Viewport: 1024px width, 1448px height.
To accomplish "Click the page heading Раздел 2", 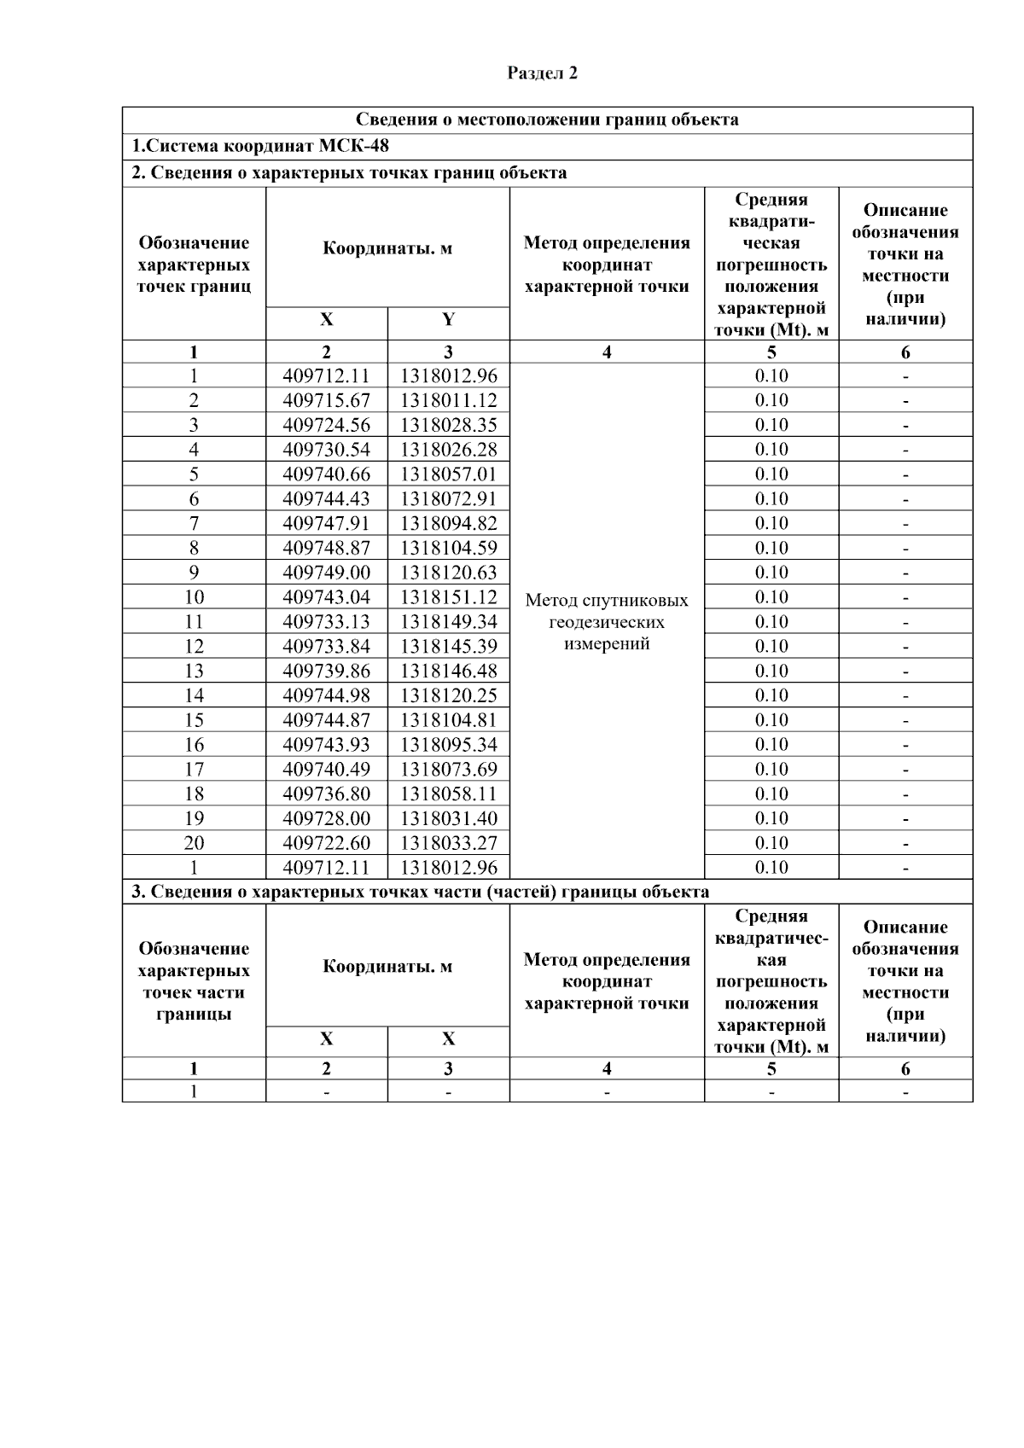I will coord(542,73).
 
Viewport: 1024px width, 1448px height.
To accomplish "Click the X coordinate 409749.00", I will coord(326,573).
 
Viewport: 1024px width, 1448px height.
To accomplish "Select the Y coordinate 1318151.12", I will coord(448,597).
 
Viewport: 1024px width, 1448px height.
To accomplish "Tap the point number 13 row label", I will coord(194,671).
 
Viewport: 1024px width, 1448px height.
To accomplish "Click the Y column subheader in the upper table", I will coord(448,320).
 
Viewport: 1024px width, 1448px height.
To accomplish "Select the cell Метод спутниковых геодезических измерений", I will coord(607,622).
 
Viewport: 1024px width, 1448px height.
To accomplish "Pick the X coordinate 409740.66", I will coord(326,474).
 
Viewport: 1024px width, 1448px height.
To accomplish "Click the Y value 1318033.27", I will coord(448,843).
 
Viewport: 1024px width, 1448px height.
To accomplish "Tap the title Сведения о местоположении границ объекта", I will coord(547,119).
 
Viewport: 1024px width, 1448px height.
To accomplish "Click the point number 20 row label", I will coord(194,843).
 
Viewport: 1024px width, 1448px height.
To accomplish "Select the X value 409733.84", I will coord(326,647).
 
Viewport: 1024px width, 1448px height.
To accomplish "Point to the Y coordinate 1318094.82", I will coord(448,523).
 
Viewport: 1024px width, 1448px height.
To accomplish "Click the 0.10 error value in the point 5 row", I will coord(771,474).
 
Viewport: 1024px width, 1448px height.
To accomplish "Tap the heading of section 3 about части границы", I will coord(420,893).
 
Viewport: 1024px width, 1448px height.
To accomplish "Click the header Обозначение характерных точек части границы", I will coord(194,981).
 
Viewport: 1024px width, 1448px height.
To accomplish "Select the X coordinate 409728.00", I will coord(326,818).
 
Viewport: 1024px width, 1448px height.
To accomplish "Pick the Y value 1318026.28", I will coord(448,450).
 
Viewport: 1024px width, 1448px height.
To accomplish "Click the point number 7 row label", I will coord(194,523).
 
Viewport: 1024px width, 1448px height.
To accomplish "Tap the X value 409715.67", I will coord(326,400).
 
